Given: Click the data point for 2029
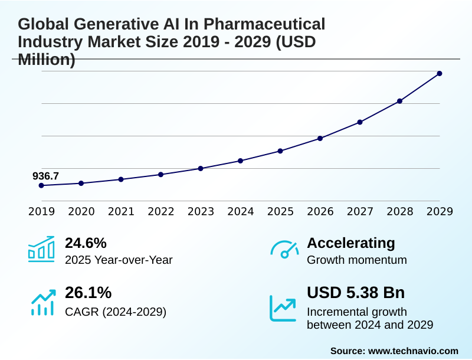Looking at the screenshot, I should tap(440, 73).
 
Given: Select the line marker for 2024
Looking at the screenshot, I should tap(240, 161).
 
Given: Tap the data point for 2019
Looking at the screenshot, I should tap(41, 185).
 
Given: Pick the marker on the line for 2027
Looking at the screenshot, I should tap(360, 122).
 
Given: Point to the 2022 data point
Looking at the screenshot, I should tap(160, 175).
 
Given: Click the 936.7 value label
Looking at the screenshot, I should tap(45, 176).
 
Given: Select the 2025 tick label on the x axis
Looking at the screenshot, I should tap(280, 211).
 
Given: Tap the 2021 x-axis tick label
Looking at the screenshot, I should tap(121, 211).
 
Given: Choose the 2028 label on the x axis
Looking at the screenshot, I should tap(399, 211).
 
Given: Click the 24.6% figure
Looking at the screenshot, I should tap(86, 243).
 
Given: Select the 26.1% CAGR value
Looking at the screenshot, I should tap(88, 293).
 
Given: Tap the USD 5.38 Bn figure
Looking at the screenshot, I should tap(356, 293).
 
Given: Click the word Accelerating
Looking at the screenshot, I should tap(351, 243).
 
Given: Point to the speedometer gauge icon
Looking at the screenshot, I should tap(284, 249).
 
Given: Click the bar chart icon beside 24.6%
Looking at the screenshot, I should tap(41, 249).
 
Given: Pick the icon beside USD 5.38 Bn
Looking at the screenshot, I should tap(283, 308).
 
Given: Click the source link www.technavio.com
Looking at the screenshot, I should tap(413, 351).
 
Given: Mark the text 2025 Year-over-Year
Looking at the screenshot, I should tap(119, 260).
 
